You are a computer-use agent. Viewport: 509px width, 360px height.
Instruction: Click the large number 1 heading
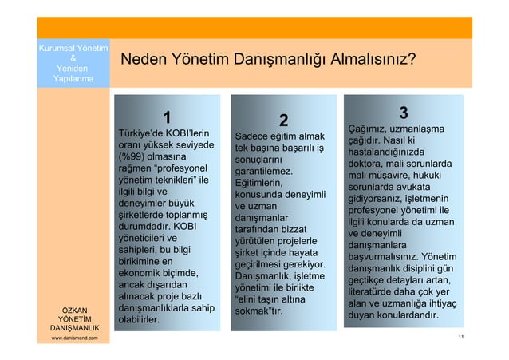(167, 117)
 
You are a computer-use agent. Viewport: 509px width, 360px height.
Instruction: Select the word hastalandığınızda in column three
(390, 152)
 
